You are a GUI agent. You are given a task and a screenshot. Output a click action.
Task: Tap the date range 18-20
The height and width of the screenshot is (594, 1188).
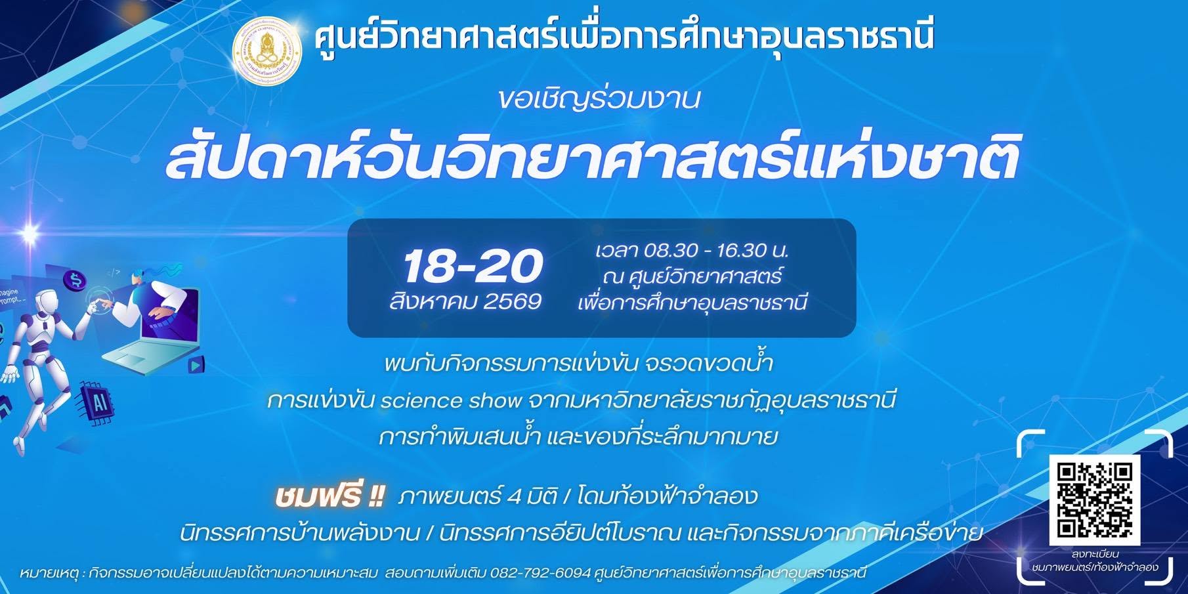pos(473,266)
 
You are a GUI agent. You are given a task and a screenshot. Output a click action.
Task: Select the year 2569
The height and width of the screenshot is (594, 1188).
pos(512,302)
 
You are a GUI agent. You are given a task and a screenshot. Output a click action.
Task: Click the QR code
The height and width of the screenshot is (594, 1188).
pos(1094,500)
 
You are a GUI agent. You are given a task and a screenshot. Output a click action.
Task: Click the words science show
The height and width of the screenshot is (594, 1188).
pos(451,400)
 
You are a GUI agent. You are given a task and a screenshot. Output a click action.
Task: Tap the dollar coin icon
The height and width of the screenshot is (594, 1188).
pos(75,281)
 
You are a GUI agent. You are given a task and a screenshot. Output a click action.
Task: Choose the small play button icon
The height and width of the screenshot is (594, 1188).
pos(196,364)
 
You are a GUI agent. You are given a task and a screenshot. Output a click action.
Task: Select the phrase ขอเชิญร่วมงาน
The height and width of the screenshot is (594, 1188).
pos(599,99)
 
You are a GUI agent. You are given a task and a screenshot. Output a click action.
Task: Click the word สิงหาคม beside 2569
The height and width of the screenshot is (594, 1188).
pos(433,302)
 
